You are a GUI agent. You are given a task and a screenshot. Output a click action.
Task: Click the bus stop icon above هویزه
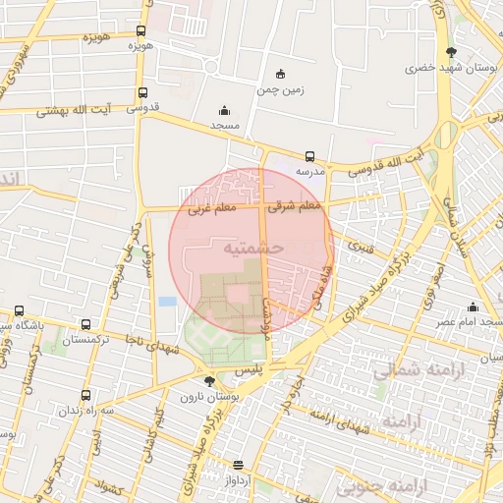pos(141,31)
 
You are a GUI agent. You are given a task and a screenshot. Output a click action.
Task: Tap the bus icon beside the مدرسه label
pos(309,156)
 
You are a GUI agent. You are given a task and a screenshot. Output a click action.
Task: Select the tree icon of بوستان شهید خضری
pos(450,53)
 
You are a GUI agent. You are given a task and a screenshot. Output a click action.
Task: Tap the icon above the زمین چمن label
pos(281,74)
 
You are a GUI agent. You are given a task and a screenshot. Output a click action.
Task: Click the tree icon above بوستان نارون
pos(208,381)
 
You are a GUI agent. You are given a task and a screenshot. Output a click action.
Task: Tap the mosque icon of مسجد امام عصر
pos(473,306)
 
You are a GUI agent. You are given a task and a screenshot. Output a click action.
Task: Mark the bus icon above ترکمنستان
pos(86,324)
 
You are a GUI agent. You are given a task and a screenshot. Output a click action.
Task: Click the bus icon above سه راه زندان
pos(85,395)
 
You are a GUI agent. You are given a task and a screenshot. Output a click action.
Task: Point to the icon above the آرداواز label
pos(237,465)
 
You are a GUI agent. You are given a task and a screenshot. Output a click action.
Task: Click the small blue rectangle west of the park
pos(168,301)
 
